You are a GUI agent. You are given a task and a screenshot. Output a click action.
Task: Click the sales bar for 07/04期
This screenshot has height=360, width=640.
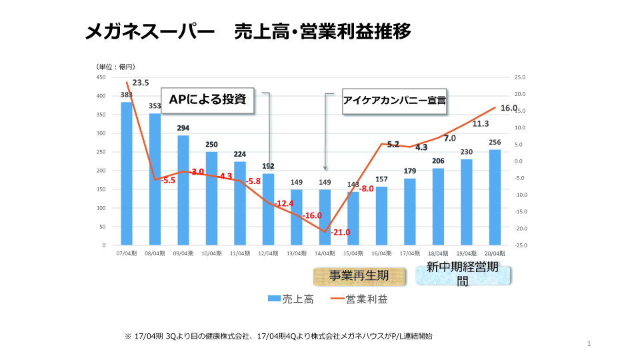pos(126,173)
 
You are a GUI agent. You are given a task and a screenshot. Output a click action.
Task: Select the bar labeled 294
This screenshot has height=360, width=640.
pos(183,190)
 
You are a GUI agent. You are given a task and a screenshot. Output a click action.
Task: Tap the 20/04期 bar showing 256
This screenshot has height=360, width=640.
pos(494,197)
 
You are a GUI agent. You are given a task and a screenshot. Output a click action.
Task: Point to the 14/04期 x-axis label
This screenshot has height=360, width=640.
pos(325,253)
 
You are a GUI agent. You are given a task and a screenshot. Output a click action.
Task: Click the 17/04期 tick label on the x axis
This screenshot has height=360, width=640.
pos(410,253)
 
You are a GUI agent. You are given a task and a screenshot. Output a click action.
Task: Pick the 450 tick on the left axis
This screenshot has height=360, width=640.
pos(101,77)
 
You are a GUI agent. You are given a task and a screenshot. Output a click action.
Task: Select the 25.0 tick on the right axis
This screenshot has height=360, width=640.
pos(521,77)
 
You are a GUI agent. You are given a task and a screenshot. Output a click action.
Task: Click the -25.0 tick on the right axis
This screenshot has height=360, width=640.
pos(520,245)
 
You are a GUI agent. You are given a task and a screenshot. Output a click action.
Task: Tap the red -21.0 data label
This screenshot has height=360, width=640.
pos(340,232)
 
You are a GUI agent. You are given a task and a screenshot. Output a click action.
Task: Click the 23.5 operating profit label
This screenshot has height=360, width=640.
pos(141,83)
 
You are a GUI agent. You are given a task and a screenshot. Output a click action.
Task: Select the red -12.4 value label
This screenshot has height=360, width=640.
pos(283,203)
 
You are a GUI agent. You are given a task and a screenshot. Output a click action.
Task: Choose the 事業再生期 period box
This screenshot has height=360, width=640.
pos(360,276)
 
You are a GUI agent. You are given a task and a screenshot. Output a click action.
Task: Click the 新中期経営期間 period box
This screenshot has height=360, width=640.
pos(463,276)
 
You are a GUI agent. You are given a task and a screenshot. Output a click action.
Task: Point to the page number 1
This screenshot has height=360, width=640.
pos(590,344)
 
